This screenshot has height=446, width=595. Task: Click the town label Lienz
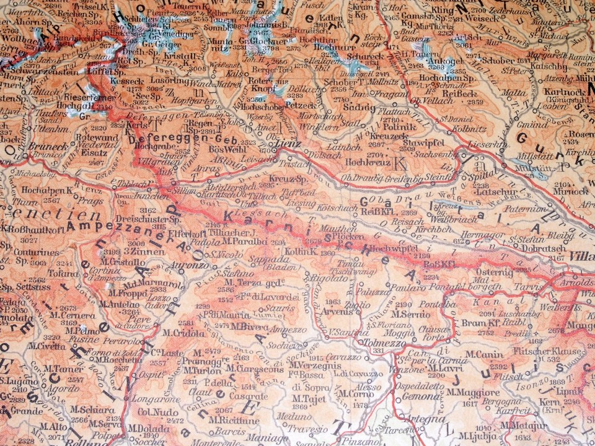coord(288,144)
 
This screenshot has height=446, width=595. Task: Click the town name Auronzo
coord(192,265)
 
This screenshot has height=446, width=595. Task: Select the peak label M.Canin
coord(480,354)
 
